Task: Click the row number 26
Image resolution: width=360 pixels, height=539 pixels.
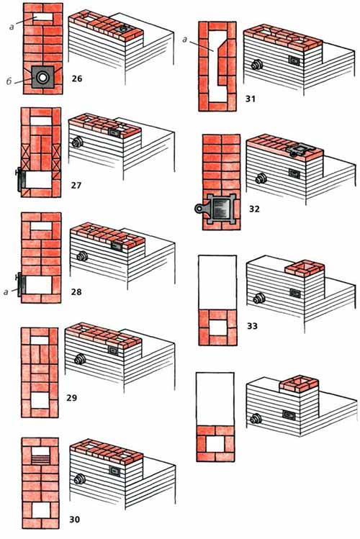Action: click(x=77, y=78)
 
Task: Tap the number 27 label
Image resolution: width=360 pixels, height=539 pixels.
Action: click(x=76, y=186)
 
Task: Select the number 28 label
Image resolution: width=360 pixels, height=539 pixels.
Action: click(x=76, y=292)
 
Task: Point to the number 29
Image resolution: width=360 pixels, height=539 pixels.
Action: click(x=72, y=398)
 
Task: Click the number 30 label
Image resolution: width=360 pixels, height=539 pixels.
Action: click(x=75, y=519)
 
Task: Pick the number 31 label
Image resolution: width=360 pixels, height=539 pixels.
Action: click(x=251, y=99)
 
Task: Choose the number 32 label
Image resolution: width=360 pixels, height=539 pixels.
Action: click(x=254, y=209)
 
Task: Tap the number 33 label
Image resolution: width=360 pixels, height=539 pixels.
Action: click(x=253, y=326)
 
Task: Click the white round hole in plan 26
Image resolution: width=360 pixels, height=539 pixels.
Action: click(x=42, y=77)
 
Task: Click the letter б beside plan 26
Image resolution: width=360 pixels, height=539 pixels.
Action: click(x=9, y=81)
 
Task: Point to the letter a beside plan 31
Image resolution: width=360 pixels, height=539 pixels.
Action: click(x=185, y=40)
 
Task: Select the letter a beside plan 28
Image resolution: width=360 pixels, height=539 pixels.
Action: click(x=6, y=293)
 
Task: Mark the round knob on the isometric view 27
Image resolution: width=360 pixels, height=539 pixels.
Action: click(x=77, y=142)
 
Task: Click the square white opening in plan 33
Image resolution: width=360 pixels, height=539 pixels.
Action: click(x=217, y=327)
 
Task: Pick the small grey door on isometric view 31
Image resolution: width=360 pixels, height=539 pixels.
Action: click(x=294, y=61)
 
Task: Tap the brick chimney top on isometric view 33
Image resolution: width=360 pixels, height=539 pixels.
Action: click(x=305, y=268)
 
